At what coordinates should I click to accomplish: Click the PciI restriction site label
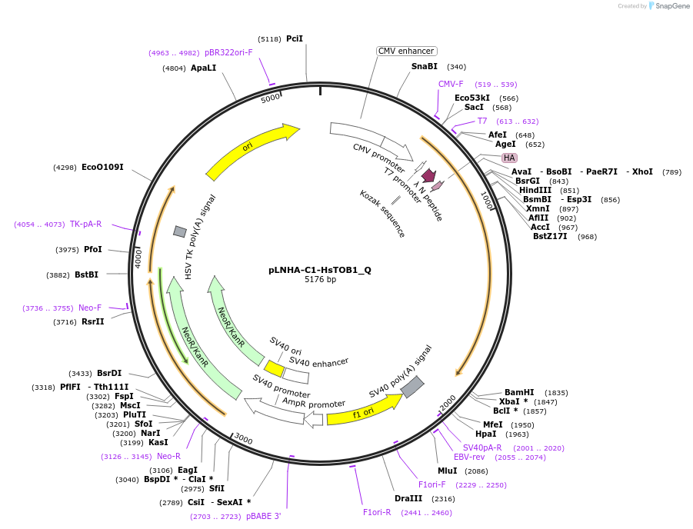[294, 38]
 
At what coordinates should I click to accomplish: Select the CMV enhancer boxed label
[406, 52]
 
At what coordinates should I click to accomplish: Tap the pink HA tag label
[509, 158]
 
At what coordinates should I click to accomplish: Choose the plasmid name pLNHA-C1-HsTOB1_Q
[320, 270]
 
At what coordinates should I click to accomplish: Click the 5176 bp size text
[320, 279]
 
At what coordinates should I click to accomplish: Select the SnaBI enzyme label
[424, 67]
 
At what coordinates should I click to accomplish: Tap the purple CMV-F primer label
[451, 85]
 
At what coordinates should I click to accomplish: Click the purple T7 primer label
[482, 121]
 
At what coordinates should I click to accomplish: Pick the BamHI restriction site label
[519, 393]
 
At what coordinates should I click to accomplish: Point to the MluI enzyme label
[447, 471]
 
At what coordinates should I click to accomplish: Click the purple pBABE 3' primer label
[264, 517]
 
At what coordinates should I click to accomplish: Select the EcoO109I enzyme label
[102, 168]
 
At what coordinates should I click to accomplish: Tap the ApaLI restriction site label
[203, 68]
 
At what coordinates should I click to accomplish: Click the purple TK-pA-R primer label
[85, 225]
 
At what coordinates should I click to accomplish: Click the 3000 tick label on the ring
[243, 439]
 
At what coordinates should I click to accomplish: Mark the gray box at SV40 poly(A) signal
[412, 387]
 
